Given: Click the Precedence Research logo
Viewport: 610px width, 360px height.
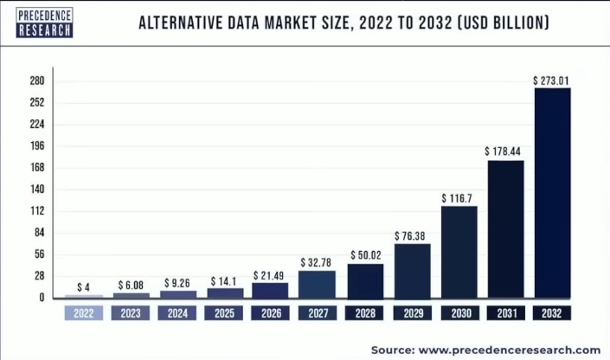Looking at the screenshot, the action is (44, 22).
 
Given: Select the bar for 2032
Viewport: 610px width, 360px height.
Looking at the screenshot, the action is (552, 193).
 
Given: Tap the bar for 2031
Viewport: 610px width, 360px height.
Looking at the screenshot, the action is (506, 229).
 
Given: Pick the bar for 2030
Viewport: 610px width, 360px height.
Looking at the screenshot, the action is (459, 252).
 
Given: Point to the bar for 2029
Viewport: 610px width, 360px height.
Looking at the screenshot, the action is (413, 271).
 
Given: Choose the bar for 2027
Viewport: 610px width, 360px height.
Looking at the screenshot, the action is (317, 285).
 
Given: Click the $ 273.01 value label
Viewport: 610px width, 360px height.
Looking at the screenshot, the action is (551, 81).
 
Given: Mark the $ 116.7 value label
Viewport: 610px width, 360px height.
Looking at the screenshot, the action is (457, 198).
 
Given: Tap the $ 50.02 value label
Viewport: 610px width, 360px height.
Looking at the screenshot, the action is (366, 255).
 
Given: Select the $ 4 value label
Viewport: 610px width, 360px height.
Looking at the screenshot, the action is (83, 287).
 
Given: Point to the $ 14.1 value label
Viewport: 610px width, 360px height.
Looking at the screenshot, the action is (224, 281).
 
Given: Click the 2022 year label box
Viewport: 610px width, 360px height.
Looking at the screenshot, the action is (84, 313).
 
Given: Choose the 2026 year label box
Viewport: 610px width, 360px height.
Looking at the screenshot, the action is (271, 313).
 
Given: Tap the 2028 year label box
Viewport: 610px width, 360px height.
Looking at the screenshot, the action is (364, 313).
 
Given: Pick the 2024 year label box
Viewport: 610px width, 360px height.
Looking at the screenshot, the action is (177, 313).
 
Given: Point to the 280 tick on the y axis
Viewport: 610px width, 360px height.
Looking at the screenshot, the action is (37, 81).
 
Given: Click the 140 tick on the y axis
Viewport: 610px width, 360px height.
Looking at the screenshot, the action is (37, 190).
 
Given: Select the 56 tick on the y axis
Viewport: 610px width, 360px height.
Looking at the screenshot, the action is (40, 254).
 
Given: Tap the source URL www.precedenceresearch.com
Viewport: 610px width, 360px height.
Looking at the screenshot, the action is (510, 350).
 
